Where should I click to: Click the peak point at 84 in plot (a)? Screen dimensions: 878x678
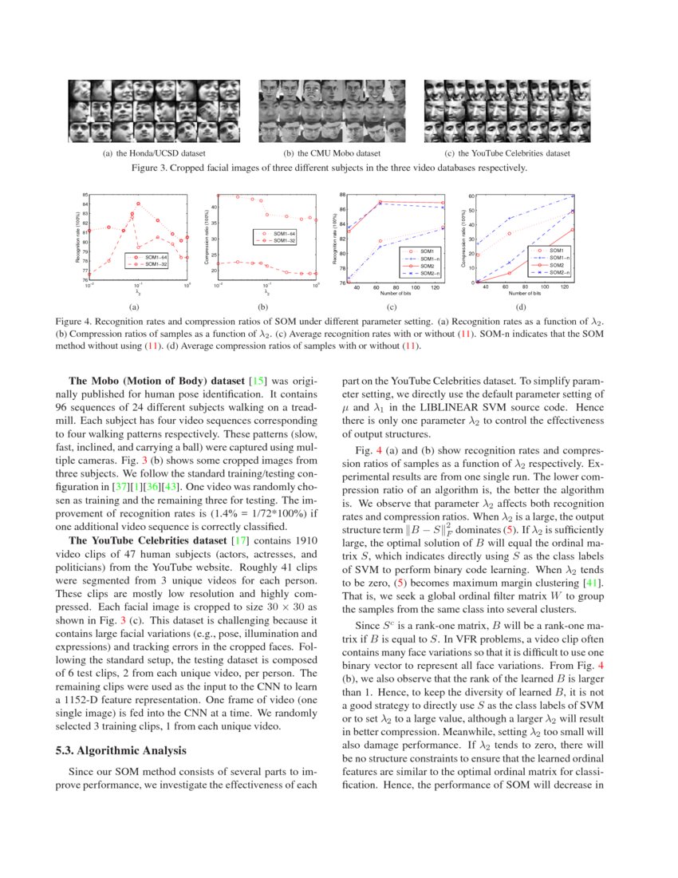pos(139,204)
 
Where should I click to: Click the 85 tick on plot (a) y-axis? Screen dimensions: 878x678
pos(85,196)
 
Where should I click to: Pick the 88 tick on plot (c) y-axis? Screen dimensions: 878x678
pos(342,196)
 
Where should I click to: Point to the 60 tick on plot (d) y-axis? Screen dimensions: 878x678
pos(471,196)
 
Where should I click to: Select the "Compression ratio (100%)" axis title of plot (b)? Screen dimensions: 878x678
pos(207,238)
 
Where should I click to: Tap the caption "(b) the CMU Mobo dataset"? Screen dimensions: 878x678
pos(331,152)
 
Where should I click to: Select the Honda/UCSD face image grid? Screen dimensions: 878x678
pos(154,110)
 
